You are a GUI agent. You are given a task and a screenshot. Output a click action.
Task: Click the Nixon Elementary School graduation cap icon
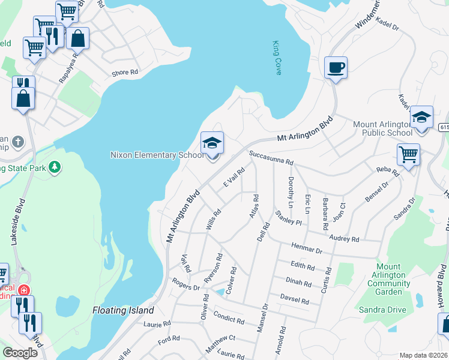(212, 143)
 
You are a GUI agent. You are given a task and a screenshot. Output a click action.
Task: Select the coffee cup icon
(336, 67)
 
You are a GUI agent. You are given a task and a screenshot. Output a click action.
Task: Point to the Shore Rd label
(125, 73)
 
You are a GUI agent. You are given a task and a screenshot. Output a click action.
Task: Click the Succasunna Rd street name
(271, 158)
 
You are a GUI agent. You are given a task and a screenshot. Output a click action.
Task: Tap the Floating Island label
(123, 311)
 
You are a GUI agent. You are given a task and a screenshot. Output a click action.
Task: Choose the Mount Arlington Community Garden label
(388, 279)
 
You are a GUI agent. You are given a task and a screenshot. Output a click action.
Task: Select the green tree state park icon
(55, 166)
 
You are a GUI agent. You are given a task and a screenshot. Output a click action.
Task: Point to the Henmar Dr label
(307, 245)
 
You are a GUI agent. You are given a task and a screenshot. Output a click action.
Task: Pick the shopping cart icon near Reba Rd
(408, 154)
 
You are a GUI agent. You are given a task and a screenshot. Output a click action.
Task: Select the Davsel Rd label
(294, 299)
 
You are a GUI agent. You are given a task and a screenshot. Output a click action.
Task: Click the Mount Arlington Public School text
(382, 128)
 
